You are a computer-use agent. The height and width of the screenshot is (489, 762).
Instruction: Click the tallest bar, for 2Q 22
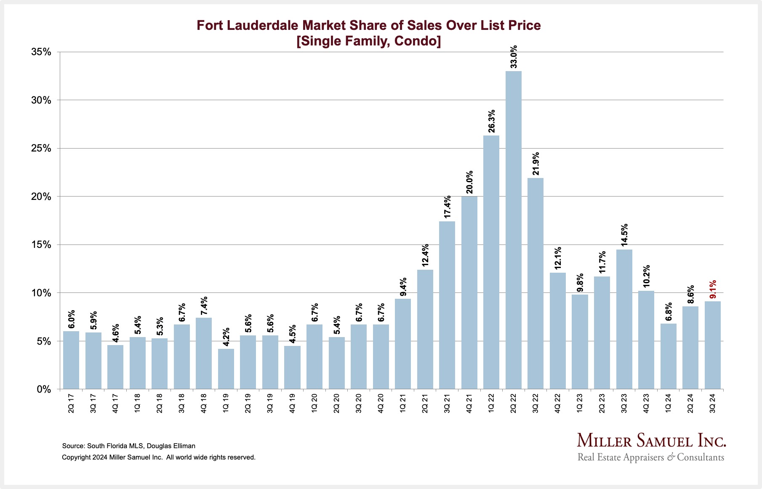513,230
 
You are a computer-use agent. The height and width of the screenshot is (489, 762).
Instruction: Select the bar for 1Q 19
226,369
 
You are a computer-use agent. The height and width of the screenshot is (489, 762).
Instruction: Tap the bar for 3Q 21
447,305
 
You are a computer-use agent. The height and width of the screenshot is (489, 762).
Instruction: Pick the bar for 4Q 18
204,353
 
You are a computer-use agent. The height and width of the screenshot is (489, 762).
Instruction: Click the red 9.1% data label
713,290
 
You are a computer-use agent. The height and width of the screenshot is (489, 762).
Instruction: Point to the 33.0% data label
514,57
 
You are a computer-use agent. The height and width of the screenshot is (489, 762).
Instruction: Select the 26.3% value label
491,121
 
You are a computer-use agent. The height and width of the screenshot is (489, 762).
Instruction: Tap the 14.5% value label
624,235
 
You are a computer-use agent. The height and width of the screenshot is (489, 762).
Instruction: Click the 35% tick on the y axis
41,52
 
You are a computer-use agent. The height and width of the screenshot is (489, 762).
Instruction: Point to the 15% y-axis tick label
41,245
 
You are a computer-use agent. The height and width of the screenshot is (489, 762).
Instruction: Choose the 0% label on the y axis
44,389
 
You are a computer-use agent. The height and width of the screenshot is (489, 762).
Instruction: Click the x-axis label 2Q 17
71,403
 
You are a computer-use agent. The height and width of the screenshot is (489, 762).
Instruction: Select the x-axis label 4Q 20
381,403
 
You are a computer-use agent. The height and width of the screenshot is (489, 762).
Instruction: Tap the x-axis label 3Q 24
713,403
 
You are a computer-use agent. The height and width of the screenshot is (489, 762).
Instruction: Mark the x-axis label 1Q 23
580,403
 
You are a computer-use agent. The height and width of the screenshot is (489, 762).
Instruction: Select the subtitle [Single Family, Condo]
369,41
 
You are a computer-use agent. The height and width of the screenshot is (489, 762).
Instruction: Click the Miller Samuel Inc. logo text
651,441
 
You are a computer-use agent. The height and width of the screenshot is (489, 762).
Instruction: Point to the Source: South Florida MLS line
129,446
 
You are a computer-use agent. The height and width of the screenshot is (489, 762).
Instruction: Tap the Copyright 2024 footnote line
159,457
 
